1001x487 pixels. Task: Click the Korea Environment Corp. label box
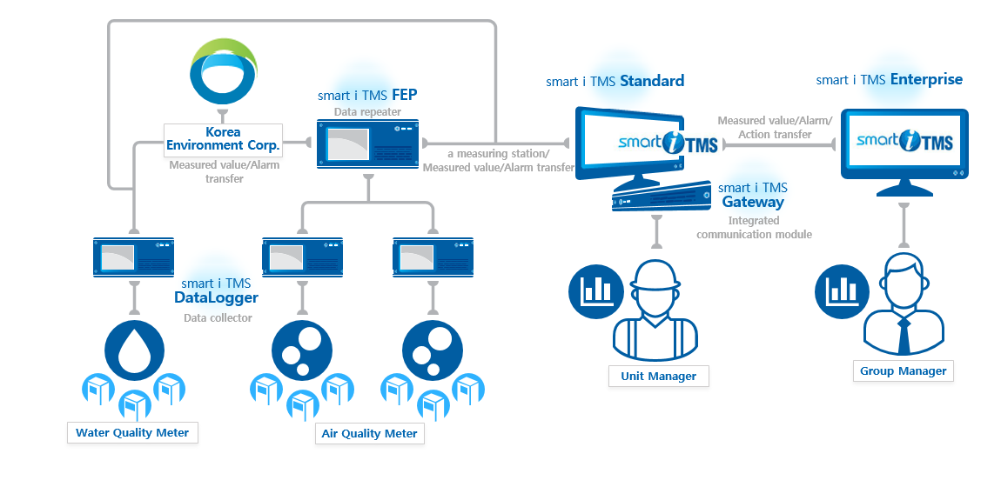[x=223, y=140]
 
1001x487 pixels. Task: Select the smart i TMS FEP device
[x=368, y=144]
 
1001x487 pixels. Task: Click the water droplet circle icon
[x=135, y=350]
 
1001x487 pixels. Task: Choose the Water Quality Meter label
[x=132, y=433]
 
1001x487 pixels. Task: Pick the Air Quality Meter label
[x=369, y=434]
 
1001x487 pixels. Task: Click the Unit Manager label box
[x=658, y=376]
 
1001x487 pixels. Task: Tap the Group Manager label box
[x=903, y=371]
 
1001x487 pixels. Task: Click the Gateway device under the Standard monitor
[x=662, y=197]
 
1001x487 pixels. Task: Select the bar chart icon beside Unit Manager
[x=595, y=291]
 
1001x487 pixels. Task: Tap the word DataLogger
[x=217, y=297]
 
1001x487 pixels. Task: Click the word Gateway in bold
[x=753, y=202]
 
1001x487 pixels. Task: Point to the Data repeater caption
[x=367, y=111]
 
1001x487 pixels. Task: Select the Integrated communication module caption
[x=754, y=228]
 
